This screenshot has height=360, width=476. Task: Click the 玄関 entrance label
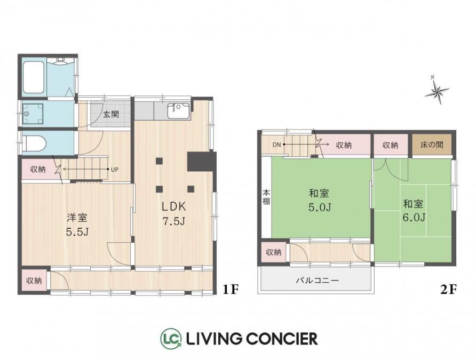(111, 114)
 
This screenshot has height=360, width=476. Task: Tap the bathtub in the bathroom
(34, 77)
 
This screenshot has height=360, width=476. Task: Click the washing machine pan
(33, 114)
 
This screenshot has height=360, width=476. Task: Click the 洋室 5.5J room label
(77, 225)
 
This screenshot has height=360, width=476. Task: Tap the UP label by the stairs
(114, 170)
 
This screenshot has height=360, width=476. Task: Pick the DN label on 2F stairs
(276, 145)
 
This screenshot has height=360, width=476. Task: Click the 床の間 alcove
(432, 145)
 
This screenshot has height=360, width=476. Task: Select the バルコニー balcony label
(317, 280)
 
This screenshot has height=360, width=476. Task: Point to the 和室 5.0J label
(319, 200)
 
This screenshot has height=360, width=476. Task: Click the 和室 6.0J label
(414, 211)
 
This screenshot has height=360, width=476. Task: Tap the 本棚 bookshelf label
(266, 197)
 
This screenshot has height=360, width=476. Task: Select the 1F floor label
(231, 290)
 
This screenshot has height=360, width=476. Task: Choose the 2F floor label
(448, 290)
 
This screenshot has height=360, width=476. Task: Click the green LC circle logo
(171, 338)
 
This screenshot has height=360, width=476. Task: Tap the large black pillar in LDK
(202, 162)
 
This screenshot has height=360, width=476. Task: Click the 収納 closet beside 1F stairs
(38, 169)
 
